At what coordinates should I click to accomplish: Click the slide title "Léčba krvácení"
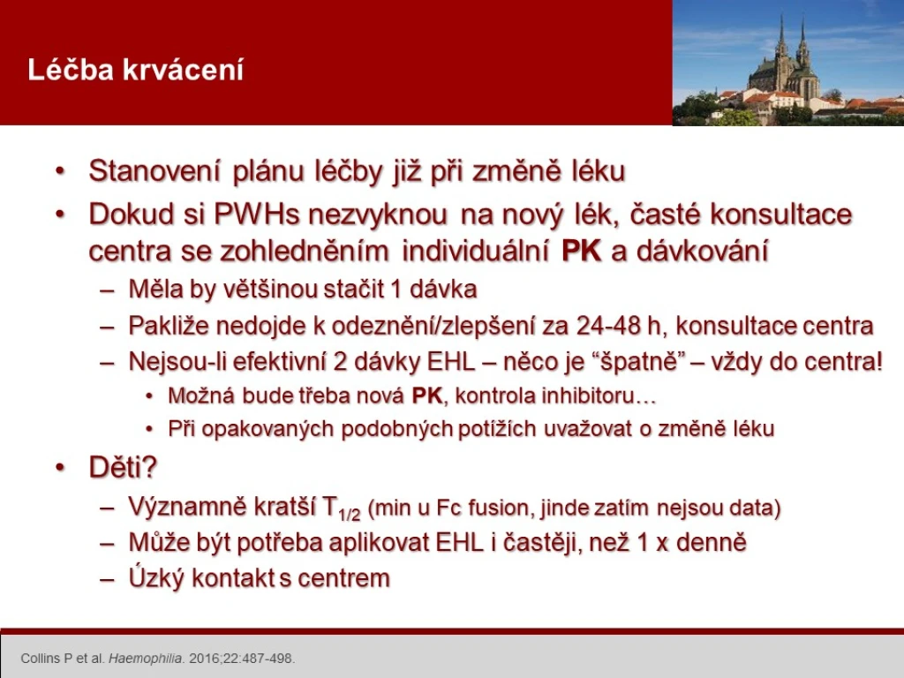(135, 70)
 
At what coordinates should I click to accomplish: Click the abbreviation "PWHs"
(257, 215)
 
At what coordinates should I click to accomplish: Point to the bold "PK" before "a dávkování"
(581, 251)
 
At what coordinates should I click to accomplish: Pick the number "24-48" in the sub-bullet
(608, 327)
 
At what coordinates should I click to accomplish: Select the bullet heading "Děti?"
(123, 467)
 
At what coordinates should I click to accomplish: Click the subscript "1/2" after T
(350, 515)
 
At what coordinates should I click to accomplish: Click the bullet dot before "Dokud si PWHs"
(61, 215)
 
